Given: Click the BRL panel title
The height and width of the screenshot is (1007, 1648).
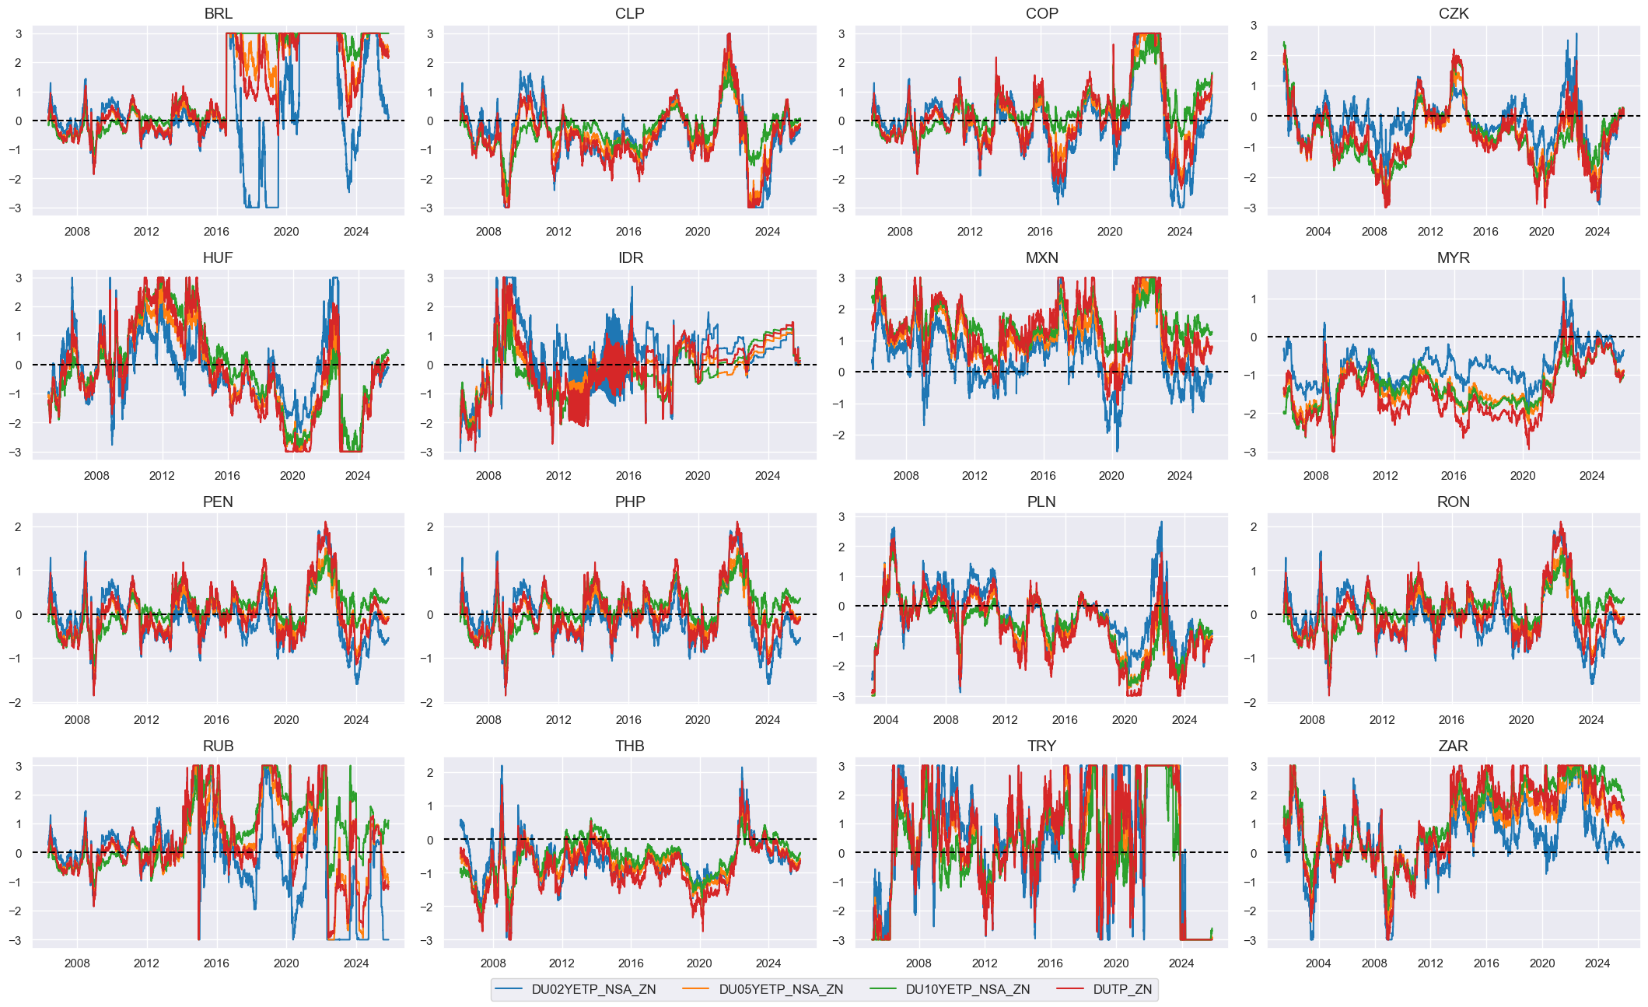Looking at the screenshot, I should coord(218,13).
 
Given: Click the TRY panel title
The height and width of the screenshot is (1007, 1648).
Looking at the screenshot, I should coord(1041,746).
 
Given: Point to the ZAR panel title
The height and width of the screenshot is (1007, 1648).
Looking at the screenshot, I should coord(1453,746).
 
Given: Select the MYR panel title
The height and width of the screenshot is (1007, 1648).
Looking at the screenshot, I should coord(1453,257).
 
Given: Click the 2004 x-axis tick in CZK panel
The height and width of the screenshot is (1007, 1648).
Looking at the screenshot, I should coord(1317,232).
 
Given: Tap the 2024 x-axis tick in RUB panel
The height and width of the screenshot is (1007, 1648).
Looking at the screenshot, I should coord(356,963).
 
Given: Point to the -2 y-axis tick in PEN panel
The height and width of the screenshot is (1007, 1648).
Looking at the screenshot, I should coord(16,703).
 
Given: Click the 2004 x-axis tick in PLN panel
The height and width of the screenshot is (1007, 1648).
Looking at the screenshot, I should coord(886,720).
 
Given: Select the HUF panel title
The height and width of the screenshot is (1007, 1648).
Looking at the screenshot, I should coord(218,257).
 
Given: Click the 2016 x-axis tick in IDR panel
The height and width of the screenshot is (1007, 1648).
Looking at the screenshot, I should coord(628,476).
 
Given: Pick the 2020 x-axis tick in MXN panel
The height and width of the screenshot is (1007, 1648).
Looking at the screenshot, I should coord(1111,476).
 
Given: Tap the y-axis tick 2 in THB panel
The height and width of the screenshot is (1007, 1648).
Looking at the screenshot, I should coord(429,773).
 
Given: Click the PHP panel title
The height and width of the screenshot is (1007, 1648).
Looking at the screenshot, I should coord(629,502).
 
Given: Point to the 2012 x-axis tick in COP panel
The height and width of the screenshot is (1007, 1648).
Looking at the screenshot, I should coord(970,232).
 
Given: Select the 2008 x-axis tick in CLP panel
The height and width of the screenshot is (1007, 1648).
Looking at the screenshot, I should coord(488,232).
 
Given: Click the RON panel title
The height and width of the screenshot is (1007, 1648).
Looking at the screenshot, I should coord(1453,502).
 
